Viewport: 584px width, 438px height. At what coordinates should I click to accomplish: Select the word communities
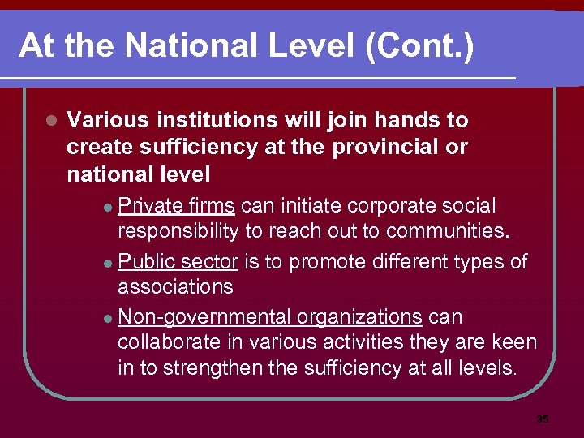(448, 231)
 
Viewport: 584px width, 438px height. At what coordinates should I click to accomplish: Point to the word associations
(175, 286)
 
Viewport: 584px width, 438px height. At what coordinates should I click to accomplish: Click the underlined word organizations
(359, 316)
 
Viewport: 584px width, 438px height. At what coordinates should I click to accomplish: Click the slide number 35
(543, 419)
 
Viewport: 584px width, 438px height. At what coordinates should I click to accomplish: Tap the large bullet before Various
(50, 121)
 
